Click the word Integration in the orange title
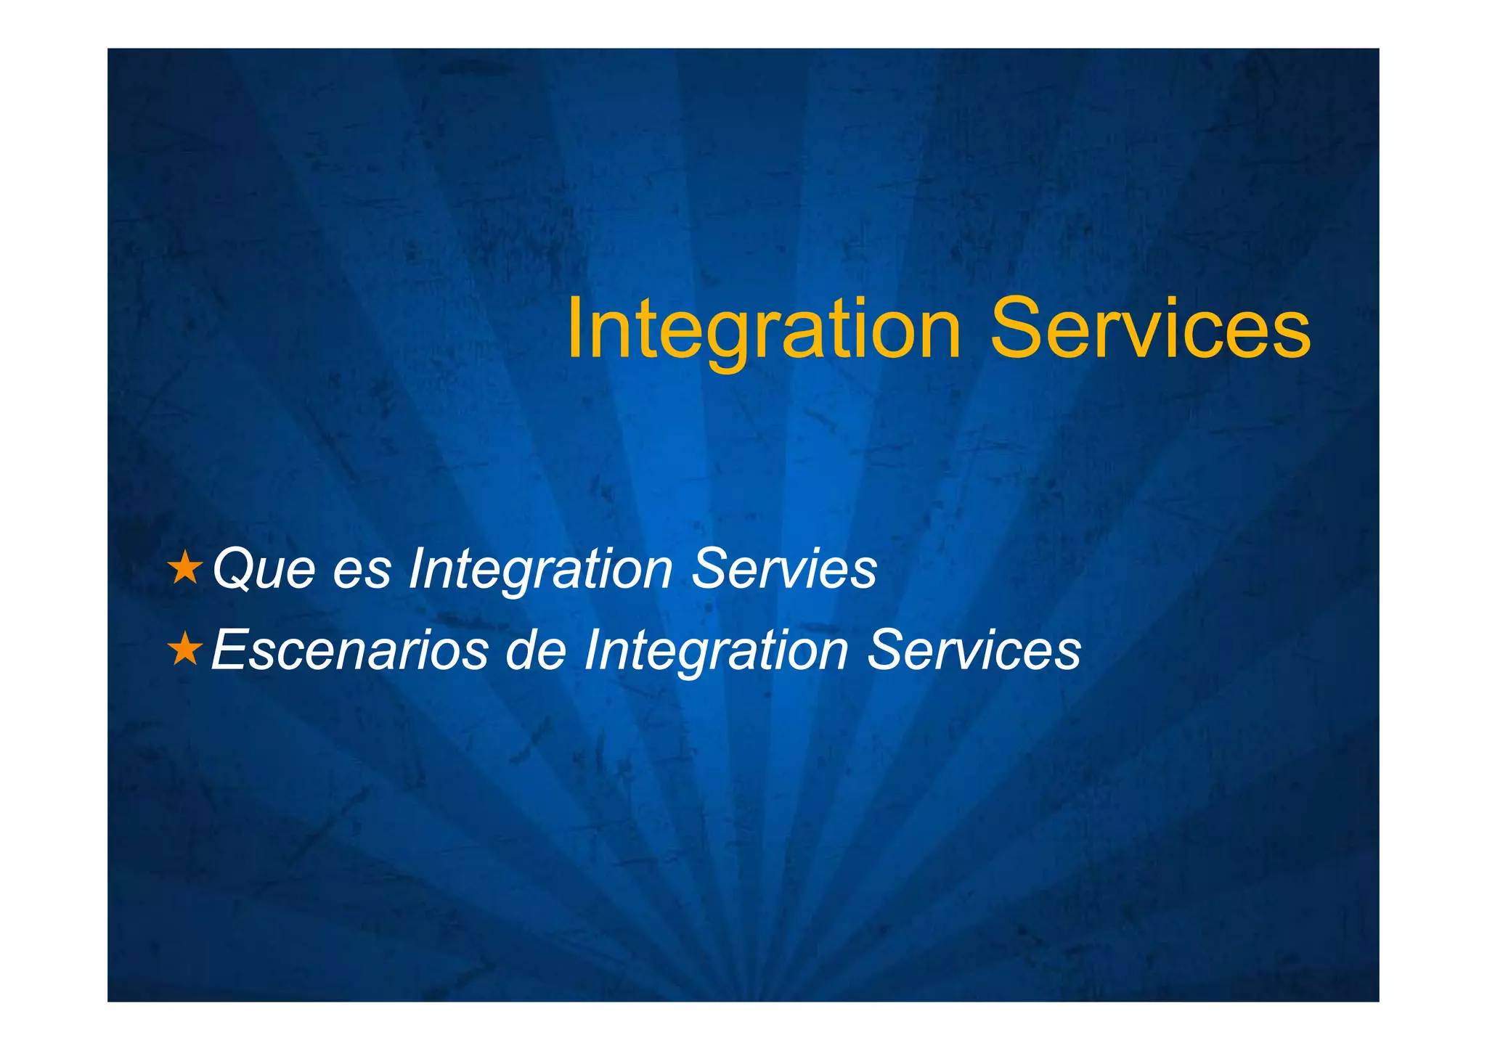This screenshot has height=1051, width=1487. pos(764,330)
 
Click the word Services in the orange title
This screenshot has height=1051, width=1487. pos(1150,330)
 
